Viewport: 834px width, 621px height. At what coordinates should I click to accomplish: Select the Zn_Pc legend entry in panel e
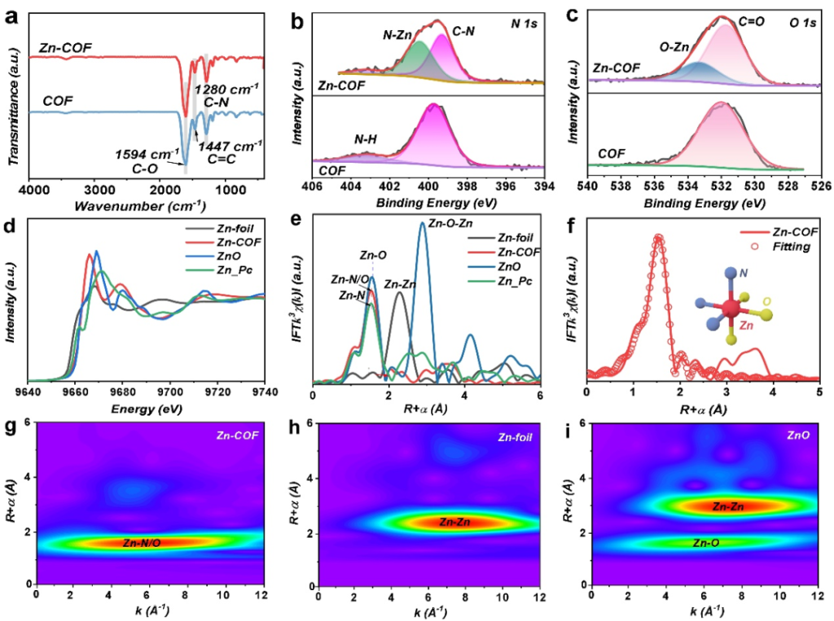[513, 282]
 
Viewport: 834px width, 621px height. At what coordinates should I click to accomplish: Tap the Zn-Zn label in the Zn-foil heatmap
[454, 522]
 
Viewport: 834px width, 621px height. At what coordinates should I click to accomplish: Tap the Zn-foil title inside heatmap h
[514, 437]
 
